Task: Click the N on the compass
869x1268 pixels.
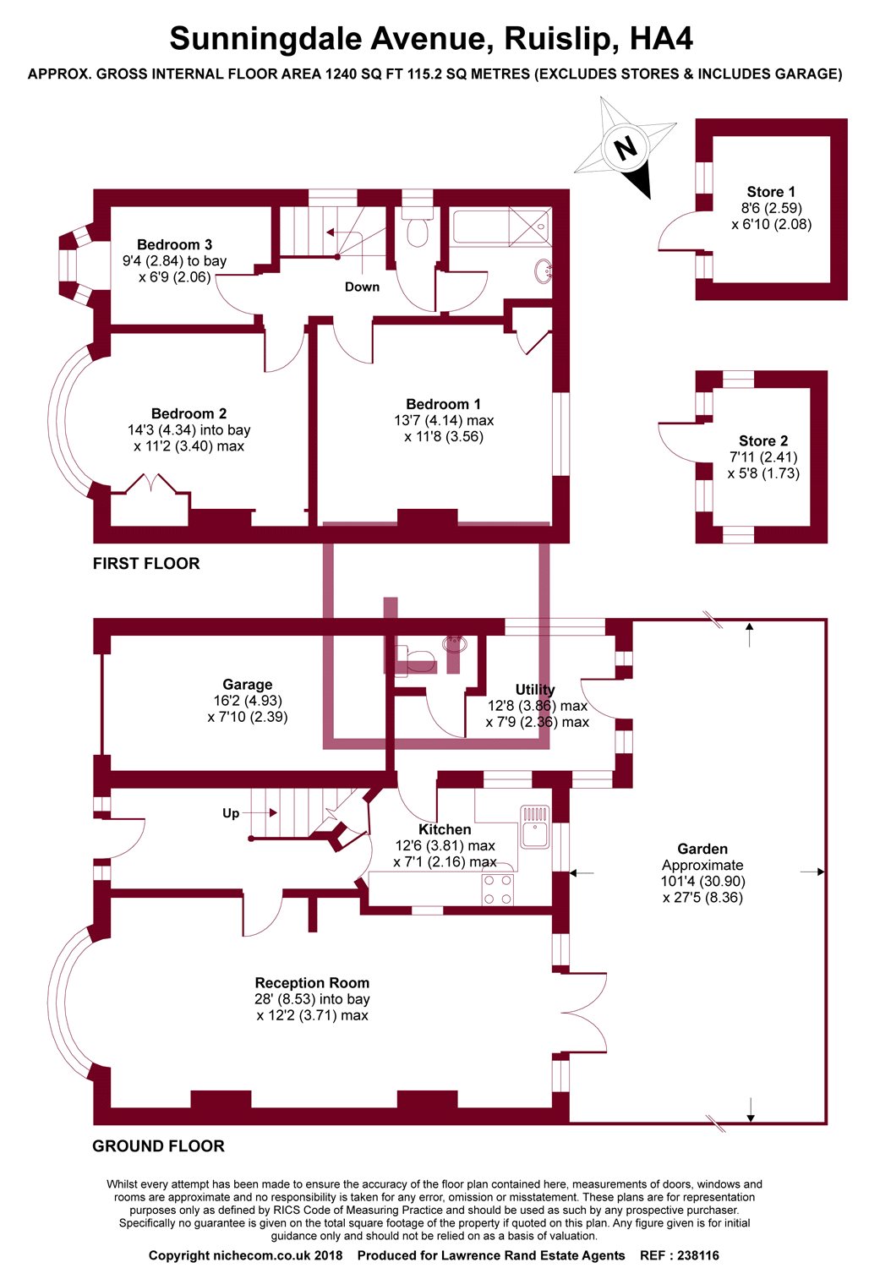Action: [625, 149]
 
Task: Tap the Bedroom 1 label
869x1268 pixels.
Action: [443, 404]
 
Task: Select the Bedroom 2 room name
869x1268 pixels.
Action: [189, 413]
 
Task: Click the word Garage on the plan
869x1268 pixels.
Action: [248, 685]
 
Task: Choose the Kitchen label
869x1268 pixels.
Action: [445, 829]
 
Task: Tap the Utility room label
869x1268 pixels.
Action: [535, 690]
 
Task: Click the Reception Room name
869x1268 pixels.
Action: [312, 983]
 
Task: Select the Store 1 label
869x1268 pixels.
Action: [771, 192]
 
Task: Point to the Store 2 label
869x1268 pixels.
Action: [763, 440]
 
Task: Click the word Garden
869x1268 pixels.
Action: [702, 849]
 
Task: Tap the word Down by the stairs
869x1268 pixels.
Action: [362, 287]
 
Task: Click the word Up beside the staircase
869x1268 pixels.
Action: [231, 813]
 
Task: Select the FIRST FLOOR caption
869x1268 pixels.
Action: [146, 564]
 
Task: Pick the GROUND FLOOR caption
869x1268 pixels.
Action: [158, 1146]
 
